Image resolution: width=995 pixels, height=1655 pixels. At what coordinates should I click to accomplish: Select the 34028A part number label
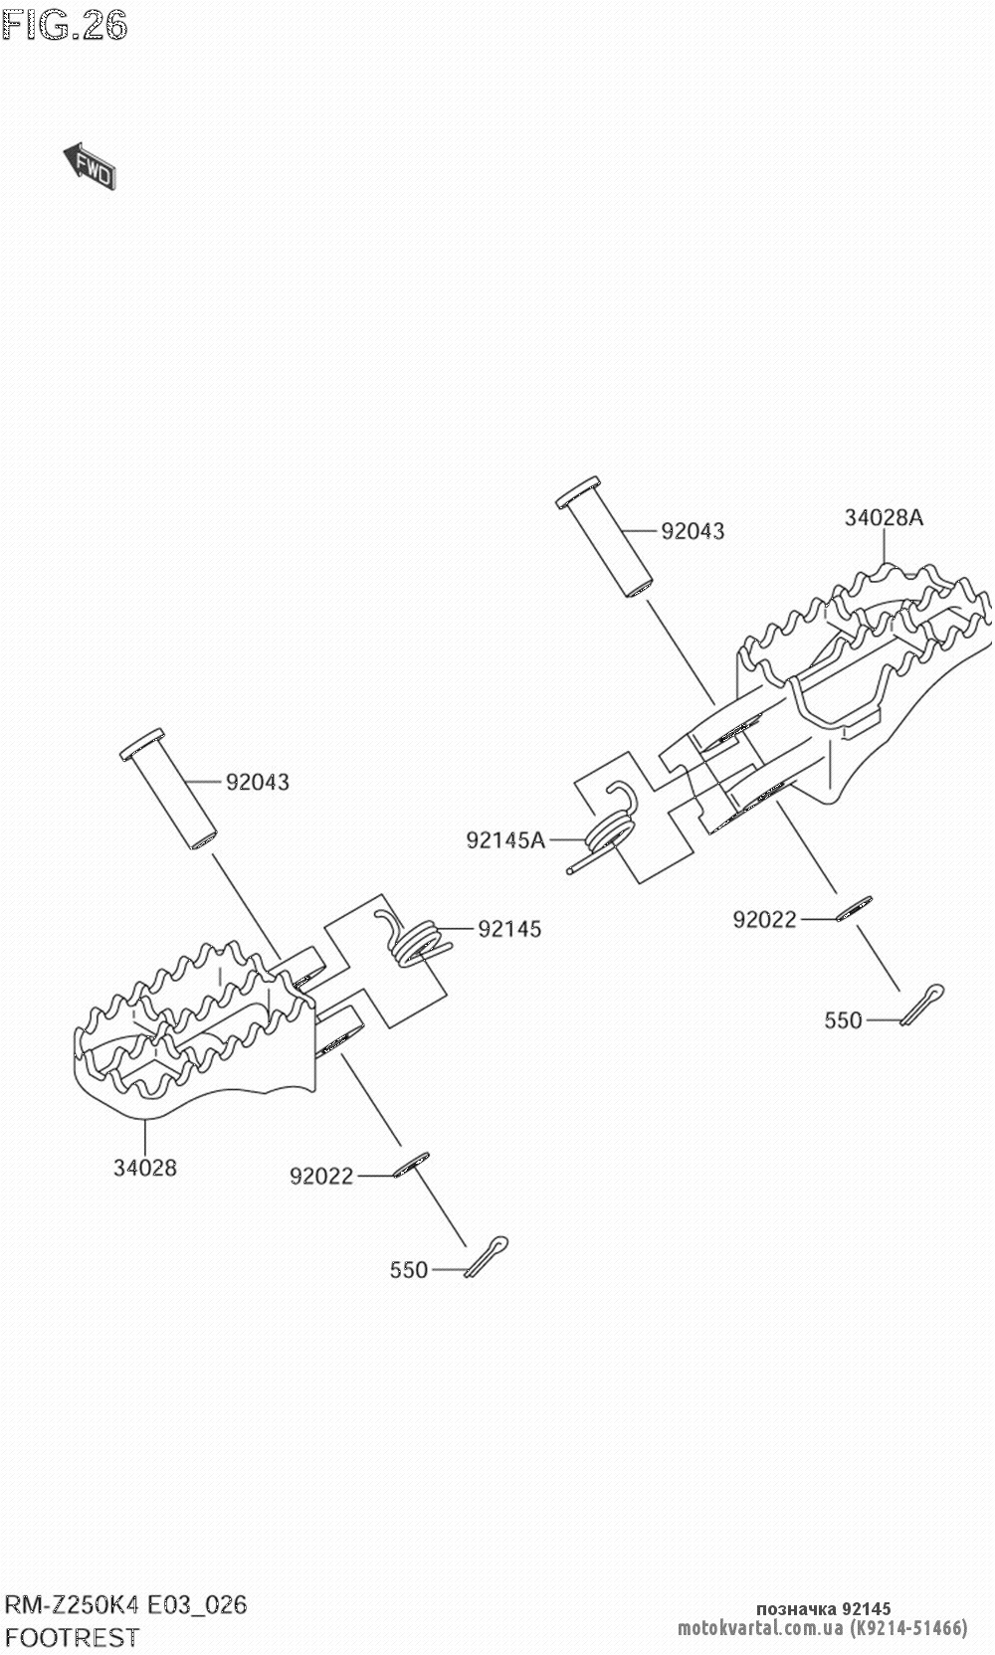[x=884, y=517]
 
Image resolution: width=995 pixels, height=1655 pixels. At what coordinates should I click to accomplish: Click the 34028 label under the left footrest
[x=144, y=1168]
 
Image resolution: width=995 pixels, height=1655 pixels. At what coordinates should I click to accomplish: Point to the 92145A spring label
[x=505, y=840]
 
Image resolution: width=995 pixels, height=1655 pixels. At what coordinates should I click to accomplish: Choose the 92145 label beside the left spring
[x=509, y=929]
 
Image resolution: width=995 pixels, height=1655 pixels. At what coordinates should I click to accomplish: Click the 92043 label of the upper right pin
[x=693, y=531]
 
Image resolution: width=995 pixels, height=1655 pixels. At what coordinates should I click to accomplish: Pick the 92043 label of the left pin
[x=258, y=783]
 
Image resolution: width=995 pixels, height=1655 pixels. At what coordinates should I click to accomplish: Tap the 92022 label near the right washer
[x=764, y=920]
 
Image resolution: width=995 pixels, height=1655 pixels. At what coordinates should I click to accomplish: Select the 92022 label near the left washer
[x=321, y=1177]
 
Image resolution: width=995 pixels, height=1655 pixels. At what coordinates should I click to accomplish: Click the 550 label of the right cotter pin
[x=843, y=1020]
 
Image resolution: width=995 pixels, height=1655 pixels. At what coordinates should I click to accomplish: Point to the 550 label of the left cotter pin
[x=408, y=1270]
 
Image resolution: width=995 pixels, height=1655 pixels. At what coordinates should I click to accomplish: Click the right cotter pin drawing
[x=922, y=1003]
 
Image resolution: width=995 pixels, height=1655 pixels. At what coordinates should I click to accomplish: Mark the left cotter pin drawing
[x=487, y=1254]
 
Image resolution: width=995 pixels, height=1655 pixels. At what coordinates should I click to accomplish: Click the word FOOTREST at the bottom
[x=73, y=1637]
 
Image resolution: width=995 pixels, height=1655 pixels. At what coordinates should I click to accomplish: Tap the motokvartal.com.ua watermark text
[x=761, y=1628]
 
